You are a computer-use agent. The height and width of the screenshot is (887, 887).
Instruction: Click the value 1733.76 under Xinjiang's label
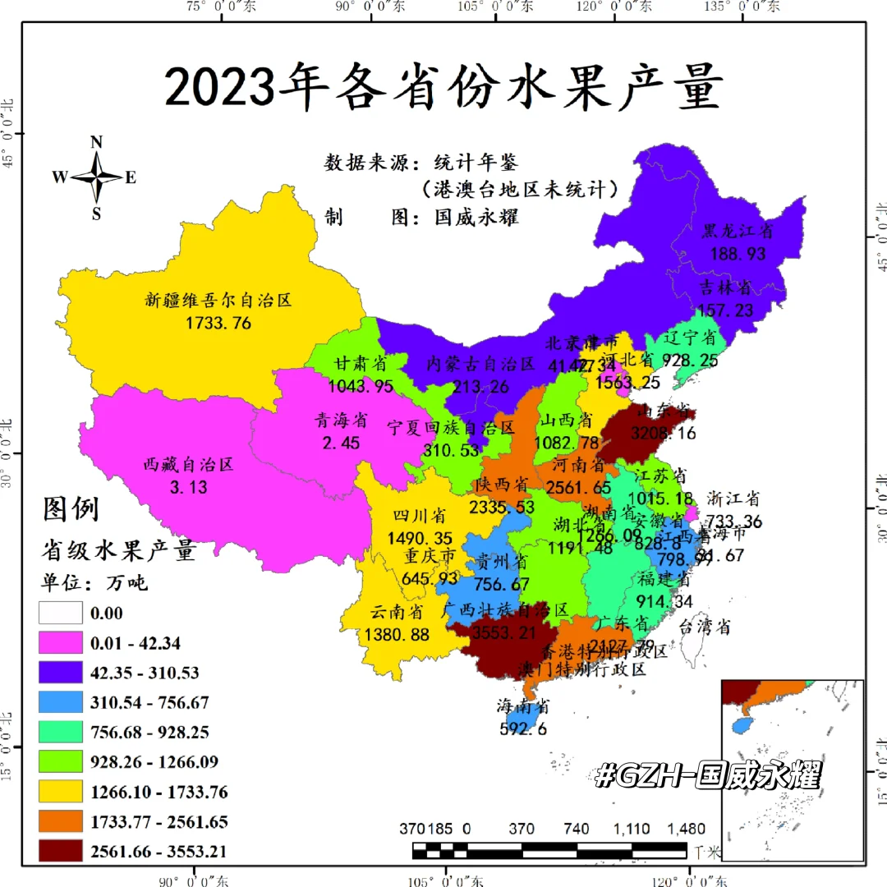click(218, 323)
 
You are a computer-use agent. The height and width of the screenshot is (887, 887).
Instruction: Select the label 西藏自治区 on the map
click(189, 465)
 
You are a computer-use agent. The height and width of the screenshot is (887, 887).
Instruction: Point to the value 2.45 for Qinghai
click(341, 443)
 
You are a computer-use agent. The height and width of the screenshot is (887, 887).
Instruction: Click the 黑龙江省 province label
click(737, 232)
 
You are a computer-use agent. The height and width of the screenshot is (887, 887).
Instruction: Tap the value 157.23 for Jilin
click(725, 310)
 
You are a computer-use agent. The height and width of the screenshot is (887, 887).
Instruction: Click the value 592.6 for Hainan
click(522, 728)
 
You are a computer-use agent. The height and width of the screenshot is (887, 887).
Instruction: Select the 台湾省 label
click(704, 627)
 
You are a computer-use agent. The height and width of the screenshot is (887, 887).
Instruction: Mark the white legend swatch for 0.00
click(61, 613)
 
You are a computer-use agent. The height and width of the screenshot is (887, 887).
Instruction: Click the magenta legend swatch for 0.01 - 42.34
click(61, 642)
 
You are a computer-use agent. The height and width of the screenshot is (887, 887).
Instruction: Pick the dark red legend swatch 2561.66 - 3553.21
click(61, 852)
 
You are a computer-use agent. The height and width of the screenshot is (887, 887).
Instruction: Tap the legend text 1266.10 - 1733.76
click(159, 793)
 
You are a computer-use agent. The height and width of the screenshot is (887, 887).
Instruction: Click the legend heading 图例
click(71, 509)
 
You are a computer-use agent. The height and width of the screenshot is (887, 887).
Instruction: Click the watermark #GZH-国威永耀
click(708, 775)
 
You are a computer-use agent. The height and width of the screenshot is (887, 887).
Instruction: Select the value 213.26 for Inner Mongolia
click(480, 387)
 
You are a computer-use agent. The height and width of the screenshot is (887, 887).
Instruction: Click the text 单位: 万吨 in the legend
click(94, 583)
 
